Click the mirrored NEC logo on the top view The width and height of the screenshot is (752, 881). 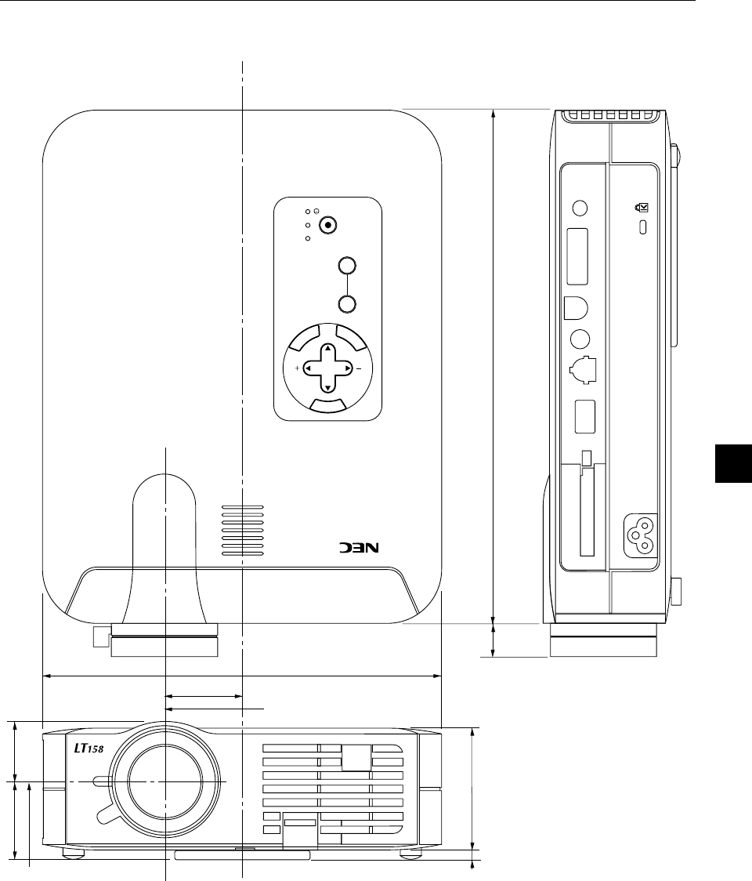tap(359, 547)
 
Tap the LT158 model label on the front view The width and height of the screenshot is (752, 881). tap(89, 748)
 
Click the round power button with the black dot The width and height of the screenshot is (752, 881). tap(327, 225)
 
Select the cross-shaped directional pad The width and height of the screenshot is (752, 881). tap(327, 368)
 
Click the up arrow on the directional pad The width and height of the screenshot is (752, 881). tap(327, 348)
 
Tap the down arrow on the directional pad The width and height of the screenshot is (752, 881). tap(327, 388)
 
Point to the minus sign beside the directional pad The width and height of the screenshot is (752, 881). tap(359, 369)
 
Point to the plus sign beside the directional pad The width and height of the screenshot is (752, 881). tap(297, 368)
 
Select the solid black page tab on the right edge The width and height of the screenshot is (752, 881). tap(733, 463)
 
